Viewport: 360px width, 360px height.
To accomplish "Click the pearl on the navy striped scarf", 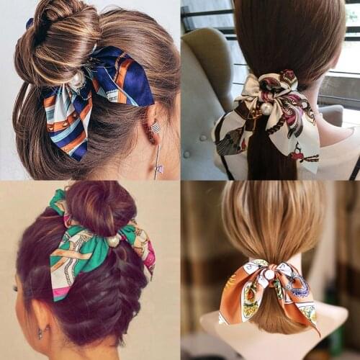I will [77, 80].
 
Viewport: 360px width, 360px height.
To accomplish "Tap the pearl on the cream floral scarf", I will [266, 108].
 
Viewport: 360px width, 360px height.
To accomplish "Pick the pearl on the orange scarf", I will [269, 275].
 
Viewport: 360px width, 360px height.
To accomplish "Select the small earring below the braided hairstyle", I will [40, 333].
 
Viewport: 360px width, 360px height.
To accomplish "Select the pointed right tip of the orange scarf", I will [316, 330].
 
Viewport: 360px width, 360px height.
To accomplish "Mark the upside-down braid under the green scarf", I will [108, 302].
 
